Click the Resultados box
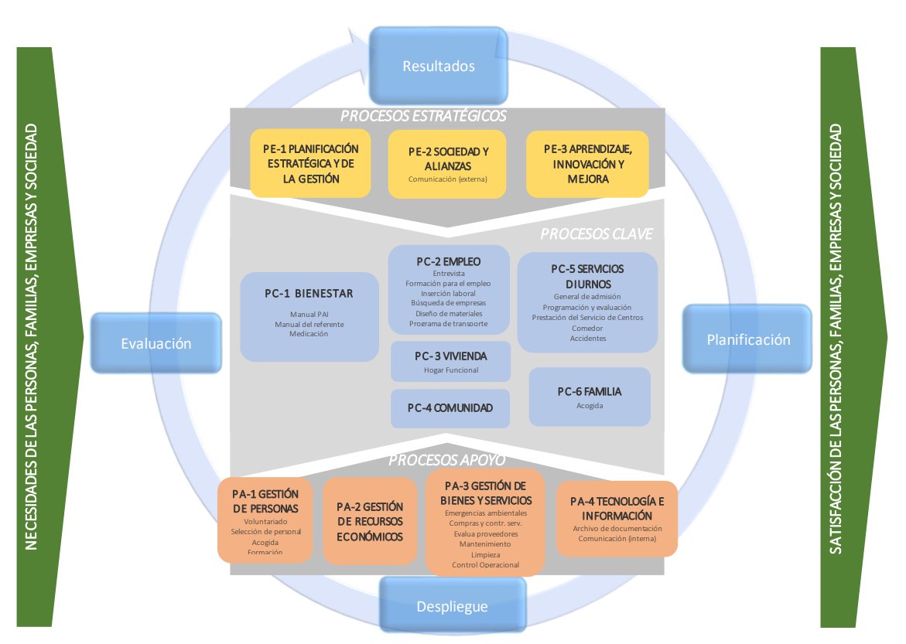pos(439,66)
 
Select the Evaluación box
pos(156,343)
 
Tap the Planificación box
pos(748,339)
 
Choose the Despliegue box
pos(453,606)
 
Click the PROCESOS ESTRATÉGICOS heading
pos(423,116)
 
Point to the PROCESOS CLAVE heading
pos(596,233)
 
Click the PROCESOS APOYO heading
pos(446,460)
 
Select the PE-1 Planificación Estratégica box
pos(310,163)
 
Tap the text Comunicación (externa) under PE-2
pos(448,179)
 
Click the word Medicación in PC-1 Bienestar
pos(309,334)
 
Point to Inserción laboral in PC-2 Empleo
pos(448,294)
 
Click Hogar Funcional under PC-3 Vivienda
pos(451,370)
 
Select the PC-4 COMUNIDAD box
pos(450,407)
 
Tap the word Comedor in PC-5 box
pos(587,328)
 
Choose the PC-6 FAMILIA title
pos(589,391)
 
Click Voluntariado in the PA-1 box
pos(265,522)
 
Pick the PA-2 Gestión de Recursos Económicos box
pos(370,521)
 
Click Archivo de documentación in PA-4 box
pos(617,529)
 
